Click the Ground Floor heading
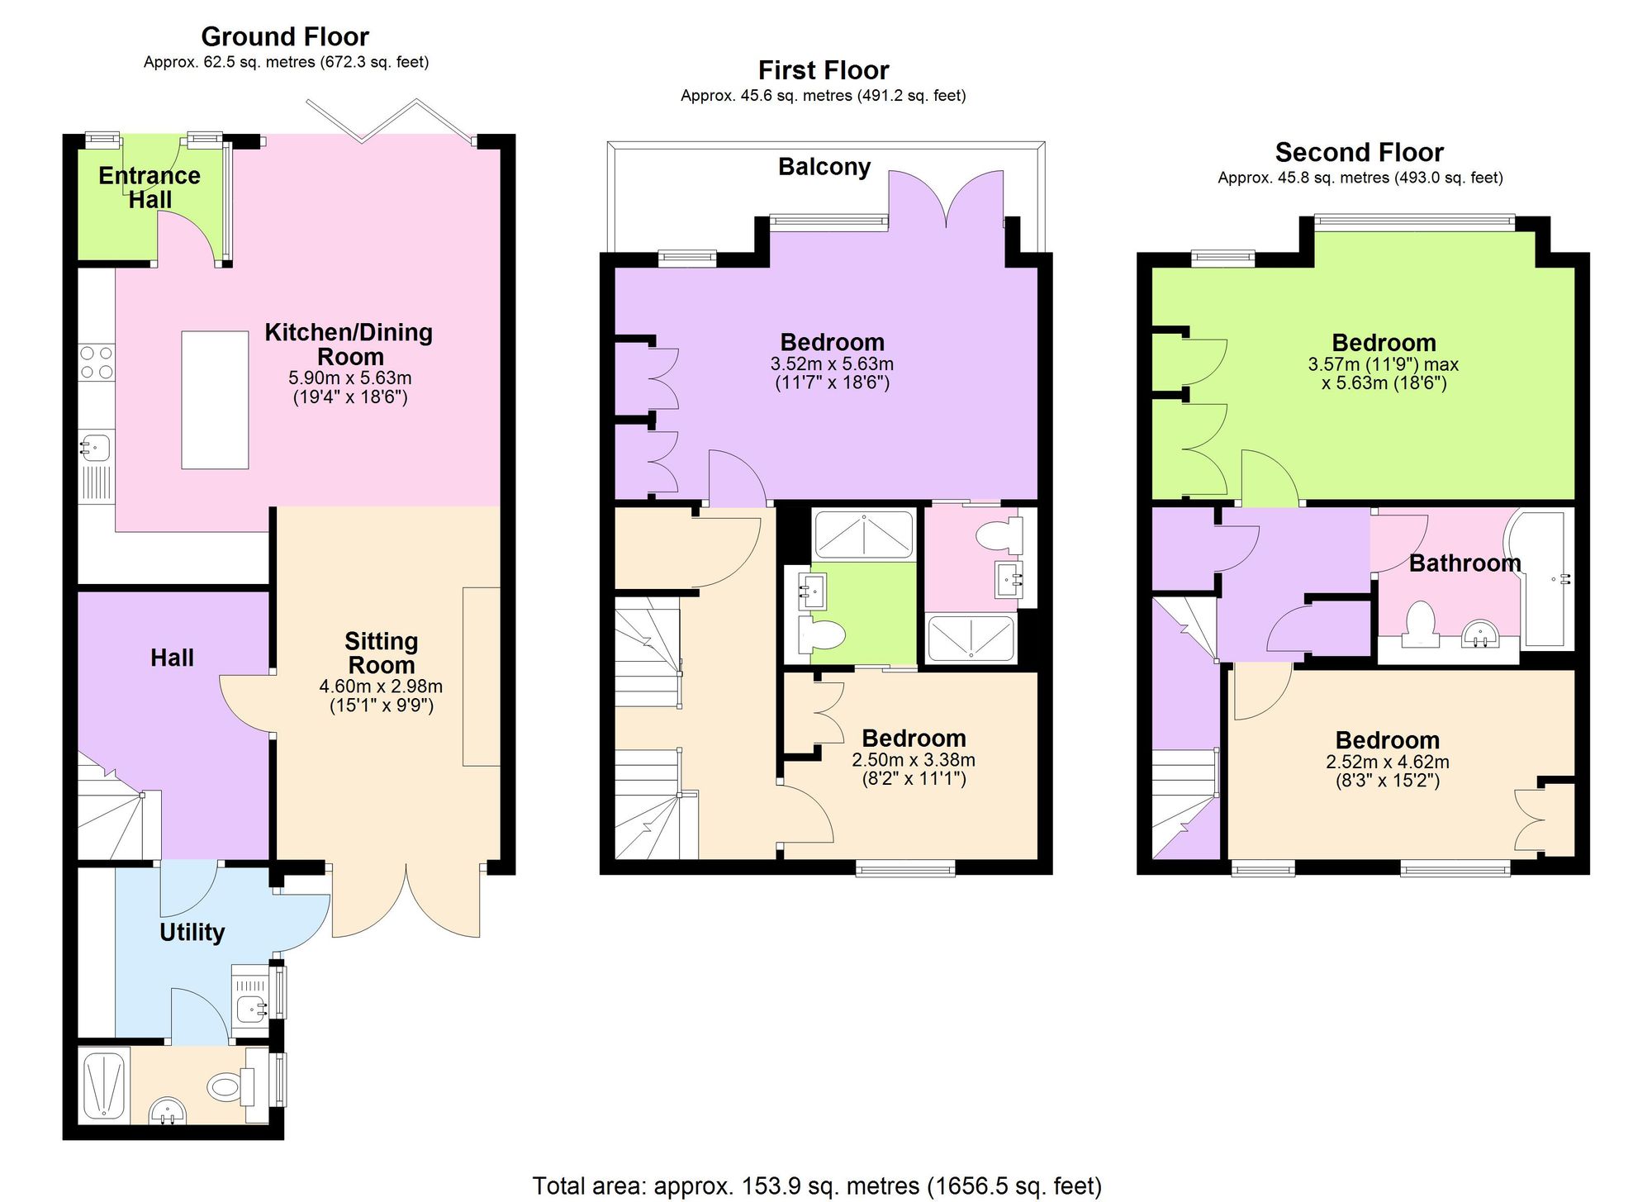[x=285, y=37]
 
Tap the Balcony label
[x=824, y=167]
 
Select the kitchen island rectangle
[x=215, y=400]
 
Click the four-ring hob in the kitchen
[x=97, y=362]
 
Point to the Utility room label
[x=192, y=932]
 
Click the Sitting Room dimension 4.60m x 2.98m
[x=381, y=687]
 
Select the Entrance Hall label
[x=150, y=188]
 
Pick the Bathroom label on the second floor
[x=1464, y=563]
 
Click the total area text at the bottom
[x=817, y=1186]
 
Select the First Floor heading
[x=824, y=70]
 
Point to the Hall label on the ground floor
[x=172, y=658]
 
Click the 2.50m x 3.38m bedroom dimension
[x=914, y=760]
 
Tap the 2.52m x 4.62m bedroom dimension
[x=1388, y=763]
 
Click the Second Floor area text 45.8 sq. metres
[x=1360, y=178]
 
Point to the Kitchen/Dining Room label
[x=349, y=344]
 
